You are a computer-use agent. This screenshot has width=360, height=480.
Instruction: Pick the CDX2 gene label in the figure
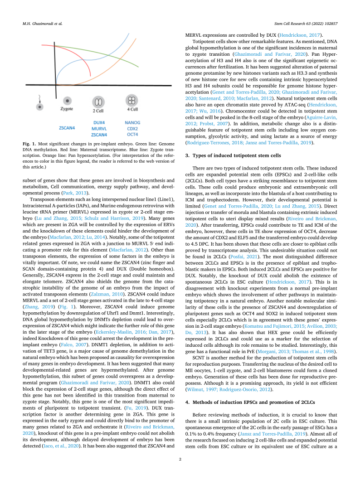[132, 128]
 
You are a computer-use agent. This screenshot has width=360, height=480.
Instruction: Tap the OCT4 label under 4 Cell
[132, 134]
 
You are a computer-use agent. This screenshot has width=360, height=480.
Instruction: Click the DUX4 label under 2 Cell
[99, 122]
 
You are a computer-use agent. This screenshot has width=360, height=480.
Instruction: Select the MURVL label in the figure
[99, 128]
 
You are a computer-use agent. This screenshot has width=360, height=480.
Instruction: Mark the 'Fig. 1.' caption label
[29, 144]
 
